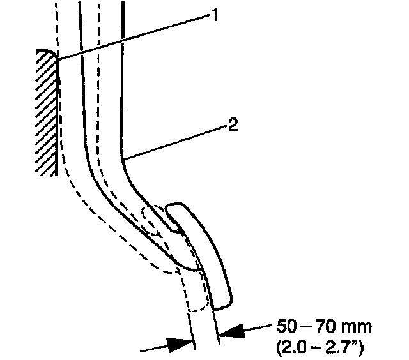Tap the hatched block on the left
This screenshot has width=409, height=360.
pyautogui.click(x=47, y=112)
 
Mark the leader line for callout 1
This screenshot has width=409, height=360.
pyautogui.click(x=134, y=36)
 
